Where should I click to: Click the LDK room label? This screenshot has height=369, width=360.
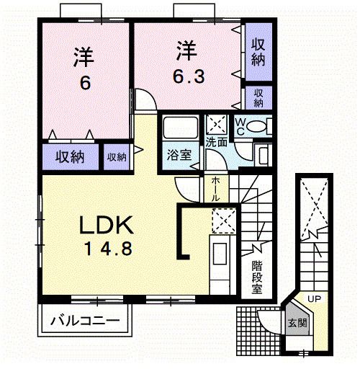coord(106,226)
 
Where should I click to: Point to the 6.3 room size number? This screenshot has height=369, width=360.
coord(186,75)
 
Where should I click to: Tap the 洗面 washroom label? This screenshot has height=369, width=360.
coord(217,142)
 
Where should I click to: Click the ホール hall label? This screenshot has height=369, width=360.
coord(216,189)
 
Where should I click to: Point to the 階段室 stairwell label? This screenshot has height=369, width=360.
coord(256,277)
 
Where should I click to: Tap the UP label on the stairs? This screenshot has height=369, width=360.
coord(315,298)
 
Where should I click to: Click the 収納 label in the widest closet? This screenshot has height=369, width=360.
coord(70,156)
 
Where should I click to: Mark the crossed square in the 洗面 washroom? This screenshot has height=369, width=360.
coord(216,123)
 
